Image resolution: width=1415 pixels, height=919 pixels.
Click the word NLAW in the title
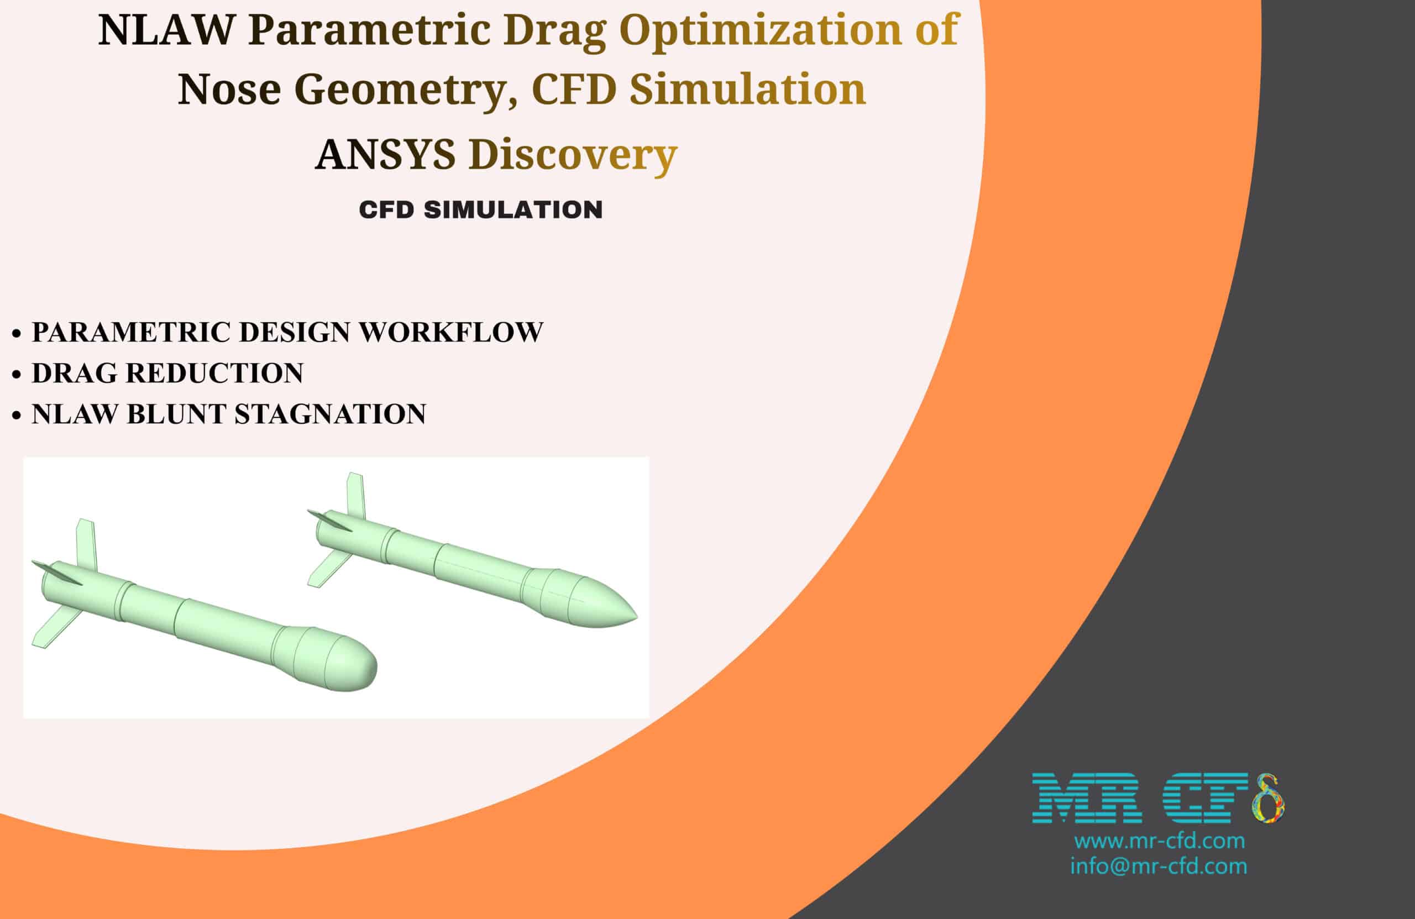point(166,30)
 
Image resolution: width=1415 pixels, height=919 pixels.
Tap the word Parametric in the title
point(369,30)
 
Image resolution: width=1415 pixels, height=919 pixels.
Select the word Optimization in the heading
point(761,30)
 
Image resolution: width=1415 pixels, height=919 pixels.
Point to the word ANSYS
point(385,155)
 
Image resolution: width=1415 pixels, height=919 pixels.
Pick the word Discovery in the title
point(573,155)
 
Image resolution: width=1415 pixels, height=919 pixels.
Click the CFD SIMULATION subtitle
point(480,210)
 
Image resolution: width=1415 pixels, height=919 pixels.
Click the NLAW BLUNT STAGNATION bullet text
point(229,414)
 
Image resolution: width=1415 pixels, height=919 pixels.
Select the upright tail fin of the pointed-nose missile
point(355,497)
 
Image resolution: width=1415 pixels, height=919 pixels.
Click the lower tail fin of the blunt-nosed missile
point(55,629)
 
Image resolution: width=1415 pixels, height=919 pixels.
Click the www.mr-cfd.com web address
point(1159,841)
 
